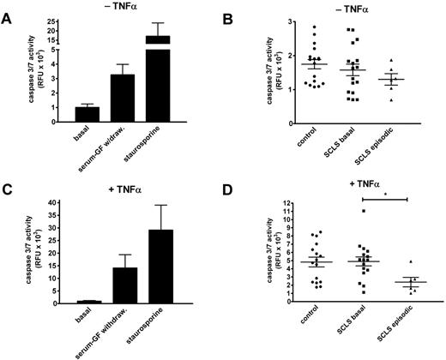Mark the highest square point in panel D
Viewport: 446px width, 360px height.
[x=339, y=211]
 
